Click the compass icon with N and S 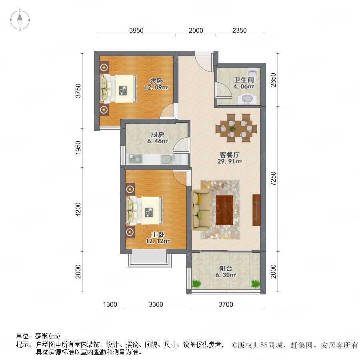point(20,20)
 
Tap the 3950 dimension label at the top point(136,30)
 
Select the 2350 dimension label point(239,30)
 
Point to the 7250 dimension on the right point(273,179)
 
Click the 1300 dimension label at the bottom point(110,304)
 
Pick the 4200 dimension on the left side point(78,209)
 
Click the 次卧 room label point(156,81)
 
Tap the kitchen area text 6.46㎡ point(158,141)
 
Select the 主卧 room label point(158,234)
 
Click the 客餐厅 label point(229,155)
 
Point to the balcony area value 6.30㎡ point(226,275)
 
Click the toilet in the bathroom point(253,73)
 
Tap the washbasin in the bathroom point(247,99)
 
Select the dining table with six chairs point(236,128)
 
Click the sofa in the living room point(201,210)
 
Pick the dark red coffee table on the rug point(224,210)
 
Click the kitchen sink point(168,159)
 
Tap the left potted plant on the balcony point(196,284)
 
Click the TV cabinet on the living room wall point(256,210)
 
